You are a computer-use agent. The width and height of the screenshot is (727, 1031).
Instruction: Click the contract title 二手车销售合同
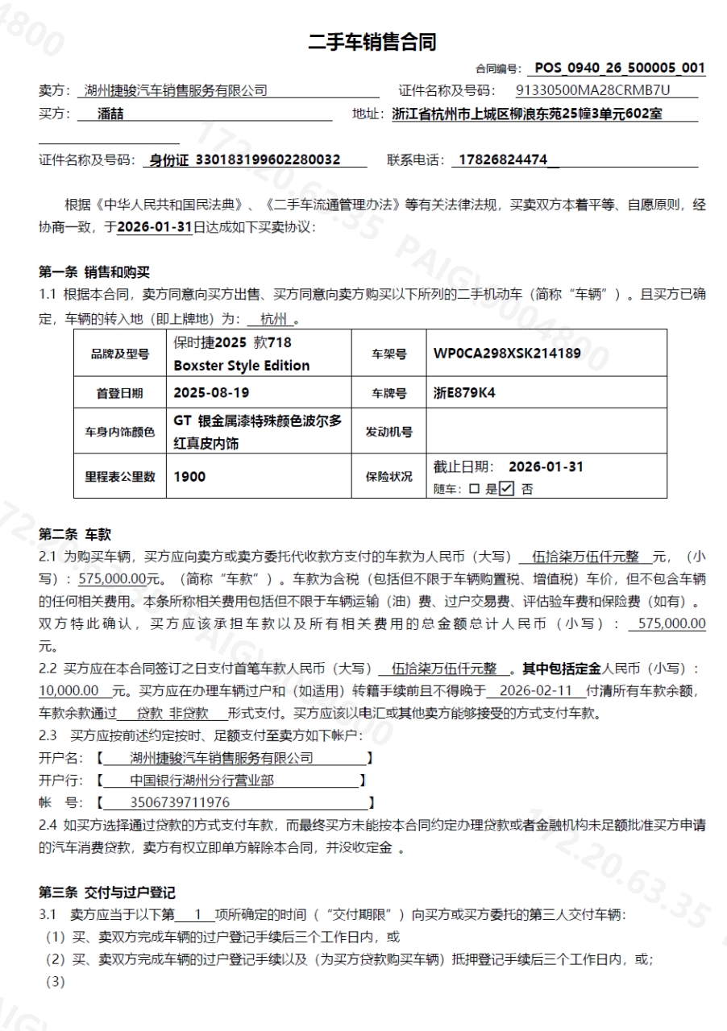372,43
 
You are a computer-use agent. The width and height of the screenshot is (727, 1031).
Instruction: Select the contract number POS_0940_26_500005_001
619,68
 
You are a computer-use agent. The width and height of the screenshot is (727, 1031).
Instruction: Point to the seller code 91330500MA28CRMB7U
592,90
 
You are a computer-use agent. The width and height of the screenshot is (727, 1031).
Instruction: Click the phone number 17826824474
499,159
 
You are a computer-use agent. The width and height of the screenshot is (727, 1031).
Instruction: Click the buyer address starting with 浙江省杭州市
527,114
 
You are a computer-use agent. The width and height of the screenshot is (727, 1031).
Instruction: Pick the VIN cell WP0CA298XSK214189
507,353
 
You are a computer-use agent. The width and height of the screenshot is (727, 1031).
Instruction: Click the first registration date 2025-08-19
201,393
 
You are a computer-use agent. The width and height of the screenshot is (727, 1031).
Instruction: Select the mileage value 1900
189,476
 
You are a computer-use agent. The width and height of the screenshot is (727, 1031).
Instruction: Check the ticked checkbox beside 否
506,488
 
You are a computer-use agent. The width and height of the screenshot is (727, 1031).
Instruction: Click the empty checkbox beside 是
474,488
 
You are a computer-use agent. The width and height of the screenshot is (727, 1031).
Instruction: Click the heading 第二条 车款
75,534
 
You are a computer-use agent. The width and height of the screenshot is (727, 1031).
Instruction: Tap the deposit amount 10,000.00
69,690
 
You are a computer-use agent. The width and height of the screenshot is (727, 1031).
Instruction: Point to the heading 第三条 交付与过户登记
107,892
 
